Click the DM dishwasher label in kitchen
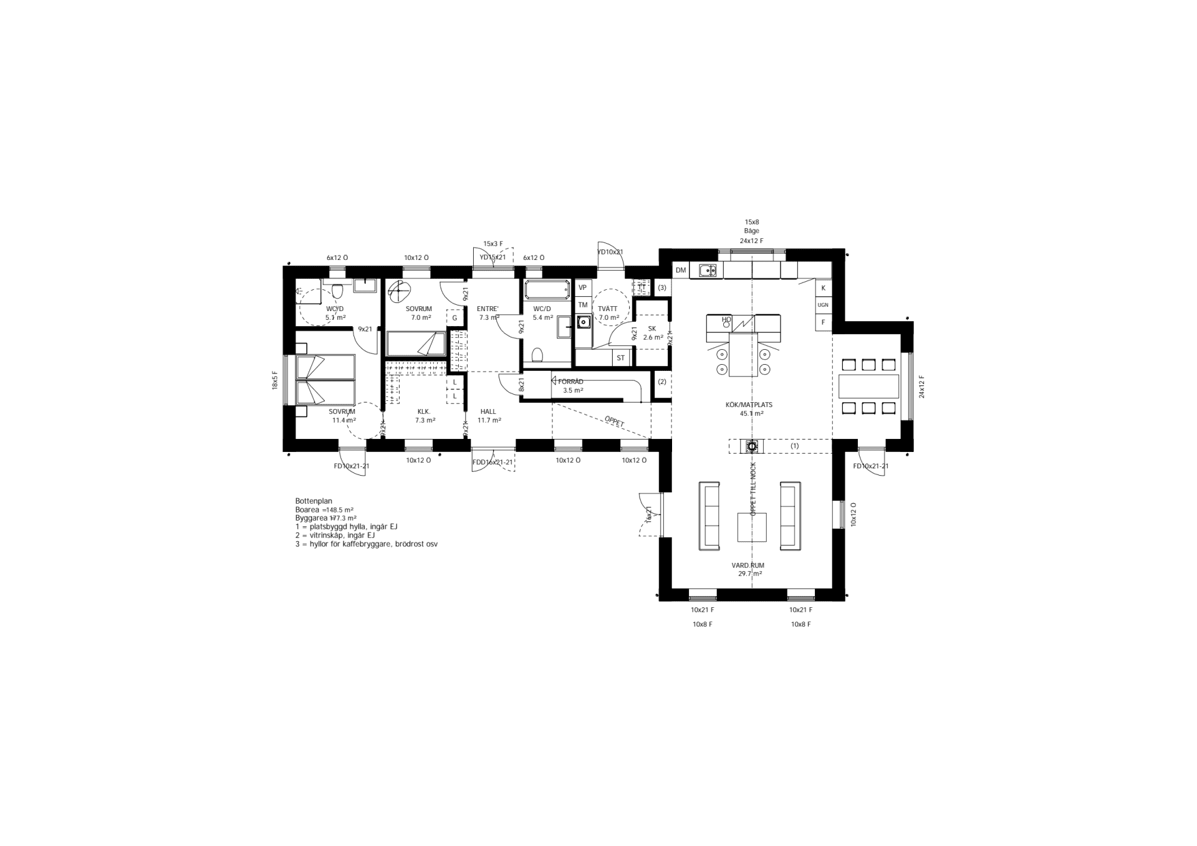681,271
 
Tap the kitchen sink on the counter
707,271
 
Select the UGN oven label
823,305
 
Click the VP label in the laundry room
583,287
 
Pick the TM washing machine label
583,305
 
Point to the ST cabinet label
620,358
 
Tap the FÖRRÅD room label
570,382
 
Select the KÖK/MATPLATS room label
749,405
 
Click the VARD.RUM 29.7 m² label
748,569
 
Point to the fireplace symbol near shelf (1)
752,446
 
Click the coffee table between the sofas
752,527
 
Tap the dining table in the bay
869,387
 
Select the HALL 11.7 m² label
489,416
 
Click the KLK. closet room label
424,416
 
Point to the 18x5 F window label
274,380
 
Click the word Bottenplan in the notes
314,501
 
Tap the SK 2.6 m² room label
652,333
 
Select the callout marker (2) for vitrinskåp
662,382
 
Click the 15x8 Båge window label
751,226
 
